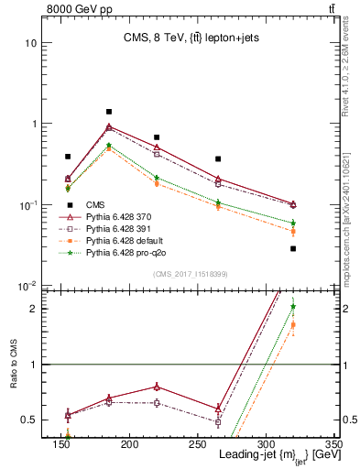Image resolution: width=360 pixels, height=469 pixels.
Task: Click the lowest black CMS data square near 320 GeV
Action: tap(293, 248)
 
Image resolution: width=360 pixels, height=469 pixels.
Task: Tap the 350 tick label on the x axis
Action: tap(333, 444)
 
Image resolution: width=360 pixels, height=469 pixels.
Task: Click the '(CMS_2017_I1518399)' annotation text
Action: tap(191, 274)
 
